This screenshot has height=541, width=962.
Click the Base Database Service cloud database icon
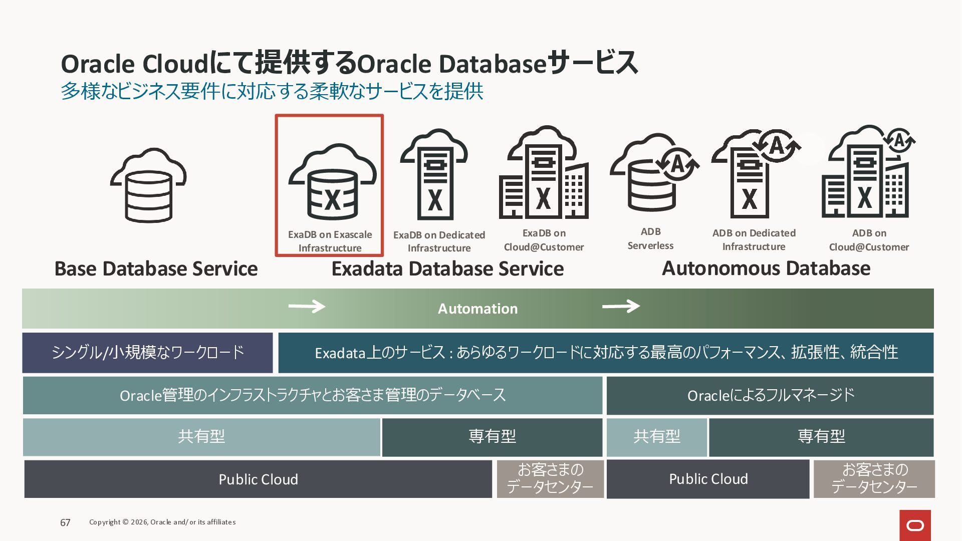pyautogui.click(x=148, y=185)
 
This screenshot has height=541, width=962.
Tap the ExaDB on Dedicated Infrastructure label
pyautogui.click(x=439, y=241)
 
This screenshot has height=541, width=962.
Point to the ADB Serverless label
pyautogui.click(x=650, y=238)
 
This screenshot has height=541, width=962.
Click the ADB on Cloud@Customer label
pyautogui.click(x=869, y=240)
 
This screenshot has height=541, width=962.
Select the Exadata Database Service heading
pyautogui.click(x=447, y=269)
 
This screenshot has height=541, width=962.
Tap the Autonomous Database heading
pyautogui.click(x=766, y=268)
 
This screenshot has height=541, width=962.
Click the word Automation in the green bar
pyautogui.click(x=477, y=309)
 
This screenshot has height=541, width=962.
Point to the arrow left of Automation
pyautogui.click(x=307, y=306)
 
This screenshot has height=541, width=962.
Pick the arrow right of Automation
pyautogui.click(x=621, y=306)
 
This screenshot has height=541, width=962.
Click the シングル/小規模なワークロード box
pyautogui.click(x=147, y=353)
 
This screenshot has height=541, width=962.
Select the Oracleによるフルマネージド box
pyautogui.click(x=770, y=396)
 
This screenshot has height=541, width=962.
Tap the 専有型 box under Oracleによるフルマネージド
pyautogui.click(x=821, y=437)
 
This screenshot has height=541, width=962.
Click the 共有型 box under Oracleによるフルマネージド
pyautogui.click(x=656, y=437)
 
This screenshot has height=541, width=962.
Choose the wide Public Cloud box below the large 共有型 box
pyautogui.click(x=258, y=479)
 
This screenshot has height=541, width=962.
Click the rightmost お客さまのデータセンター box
pyautogui.click(x=874, y=479)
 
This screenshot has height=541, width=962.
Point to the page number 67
pyautogui.click(x=65, y=522)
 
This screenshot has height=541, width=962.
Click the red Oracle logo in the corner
pyautogui.click(x=915, y=525)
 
